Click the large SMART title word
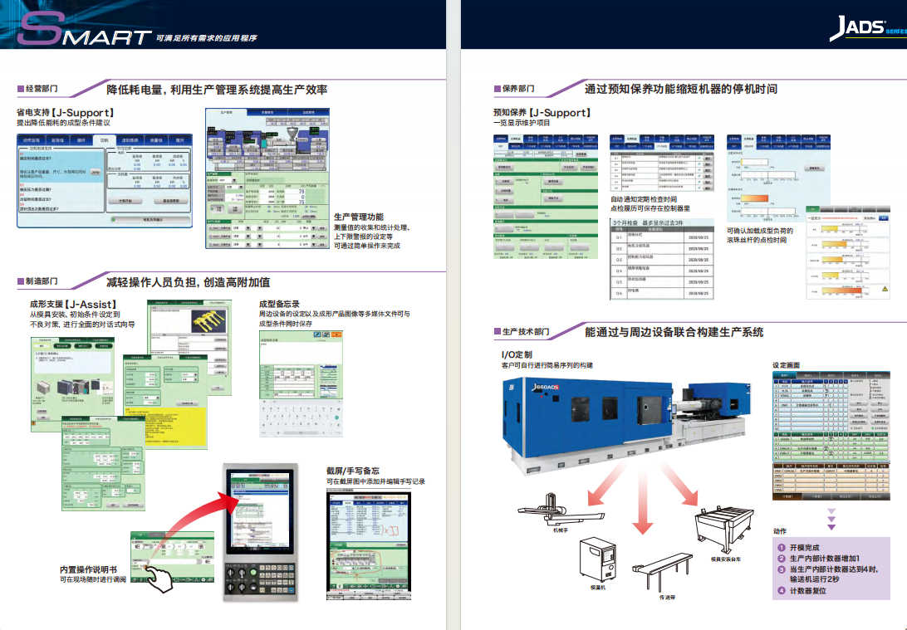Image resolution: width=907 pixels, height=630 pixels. pos(83,33)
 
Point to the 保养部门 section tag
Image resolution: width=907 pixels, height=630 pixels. pos(518,88)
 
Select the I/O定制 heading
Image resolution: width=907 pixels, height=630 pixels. pos(511,354)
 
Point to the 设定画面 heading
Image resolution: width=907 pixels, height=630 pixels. pos(786,365)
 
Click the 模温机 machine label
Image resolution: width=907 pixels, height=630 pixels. pos(597,586)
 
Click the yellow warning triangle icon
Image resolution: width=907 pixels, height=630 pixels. pos(885,289)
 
